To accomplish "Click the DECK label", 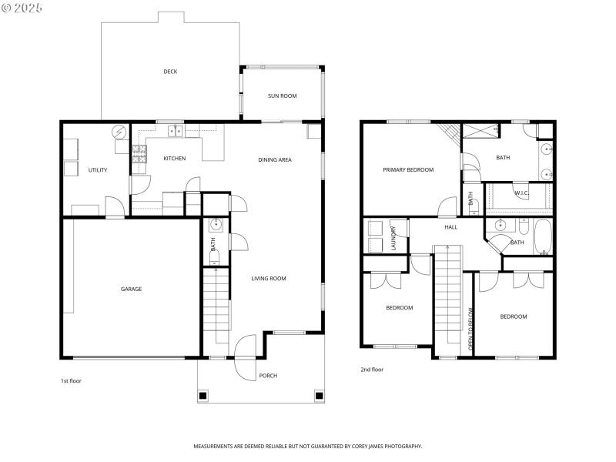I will [170, 72].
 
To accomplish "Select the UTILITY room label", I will [98, 170].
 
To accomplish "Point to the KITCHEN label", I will [174, 159].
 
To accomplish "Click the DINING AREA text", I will [274, 159].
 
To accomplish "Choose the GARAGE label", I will [131, 289].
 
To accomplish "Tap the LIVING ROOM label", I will [269, 278].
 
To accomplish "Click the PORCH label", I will [268, 376].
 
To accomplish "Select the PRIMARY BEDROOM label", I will [408, 169].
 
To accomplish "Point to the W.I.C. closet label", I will [520, 194].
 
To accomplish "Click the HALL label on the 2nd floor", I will [450, 227].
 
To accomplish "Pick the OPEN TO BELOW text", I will [471, 330].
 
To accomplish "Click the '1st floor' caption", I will [71, 381].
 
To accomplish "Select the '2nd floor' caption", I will [372, 370].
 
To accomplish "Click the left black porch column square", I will [203, 396].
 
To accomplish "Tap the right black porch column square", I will [319, 396].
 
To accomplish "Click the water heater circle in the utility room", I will [119, 132].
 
